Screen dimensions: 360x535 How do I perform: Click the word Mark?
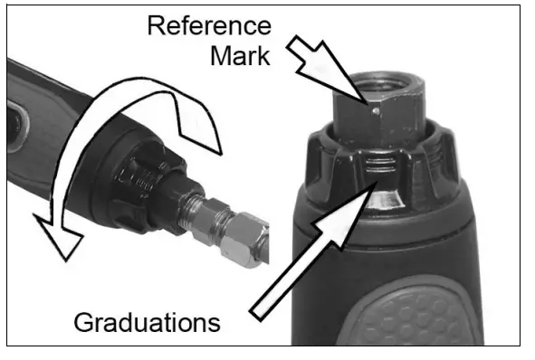(241, 57)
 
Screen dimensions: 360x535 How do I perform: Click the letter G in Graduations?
(81, 321)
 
